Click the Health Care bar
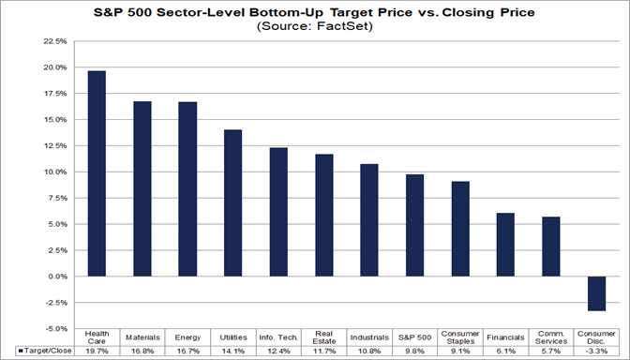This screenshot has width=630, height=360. pos(97,173)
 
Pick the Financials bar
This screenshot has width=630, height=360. pos(506,245)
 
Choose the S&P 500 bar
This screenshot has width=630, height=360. pos(415,225)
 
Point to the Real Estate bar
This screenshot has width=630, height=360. pos(324,216)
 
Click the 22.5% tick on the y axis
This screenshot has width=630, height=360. pos(52,42)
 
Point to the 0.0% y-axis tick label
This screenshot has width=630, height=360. pos(54,277)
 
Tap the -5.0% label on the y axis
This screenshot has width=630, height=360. pos(52,329)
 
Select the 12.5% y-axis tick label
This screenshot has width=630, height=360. pos(52,146)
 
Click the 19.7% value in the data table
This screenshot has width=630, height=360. pos(97,351)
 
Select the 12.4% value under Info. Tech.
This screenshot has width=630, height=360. pos(278,351)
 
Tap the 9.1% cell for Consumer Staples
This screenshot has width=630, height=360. pos(460,351)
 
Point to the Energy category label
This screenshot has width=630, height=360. pos(187,337)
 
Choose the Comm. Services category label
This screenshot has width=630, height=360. pos(551,337)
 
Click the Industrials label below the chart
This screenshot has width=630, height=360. pos(369,337)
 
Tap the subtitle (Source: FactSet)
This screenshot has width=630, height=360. pos(315,28)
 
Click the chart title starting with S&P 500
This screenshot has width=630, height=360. pos(315,13)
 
